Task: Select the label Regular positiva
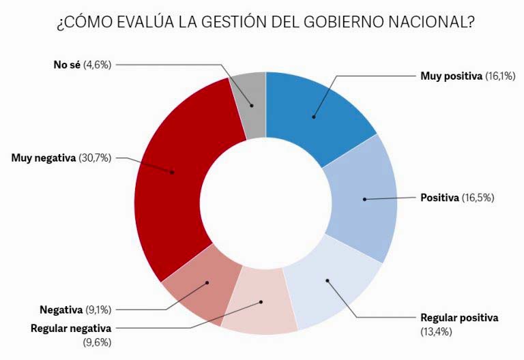(x=459, y=318)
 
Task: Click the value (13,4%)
(x=438, y=331)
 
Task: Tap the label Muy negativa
(x=42, y=158)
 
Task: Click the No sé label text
(x=66, y=64)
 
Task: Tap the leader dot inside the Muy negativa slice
(x=172, y=172)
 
